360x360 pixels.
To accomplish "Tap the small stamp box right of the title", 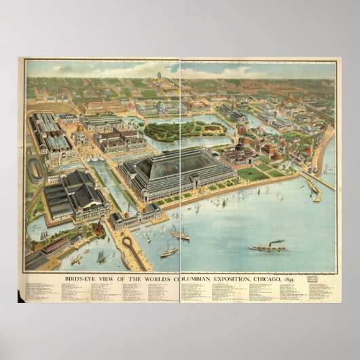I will (x=312, y=278).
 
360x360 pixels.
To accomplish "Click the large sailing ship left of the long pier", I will (x=102, y=257).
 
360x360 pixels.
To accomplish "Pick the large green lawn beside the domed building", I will (x=253, y=174).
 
